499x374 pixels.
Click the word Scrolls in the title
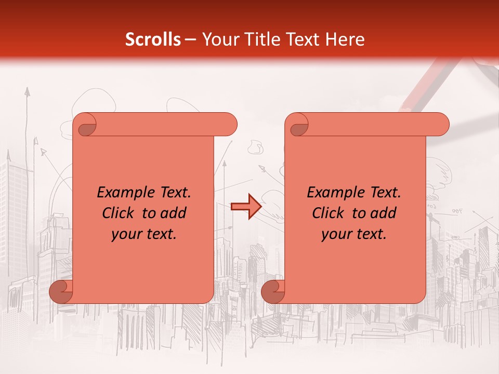[153, 39]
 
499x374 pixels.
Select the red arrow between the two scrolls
[246, 207]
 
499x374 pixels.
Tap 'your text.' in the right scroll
[354, 234]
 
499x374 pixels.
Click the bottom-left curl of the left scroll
[61, 292]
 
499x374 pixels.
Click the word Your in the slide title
[216, 39]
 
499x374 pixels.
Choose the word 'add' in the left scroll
[174, 213]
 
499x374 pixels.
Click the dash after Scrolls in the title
[191, 39]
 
